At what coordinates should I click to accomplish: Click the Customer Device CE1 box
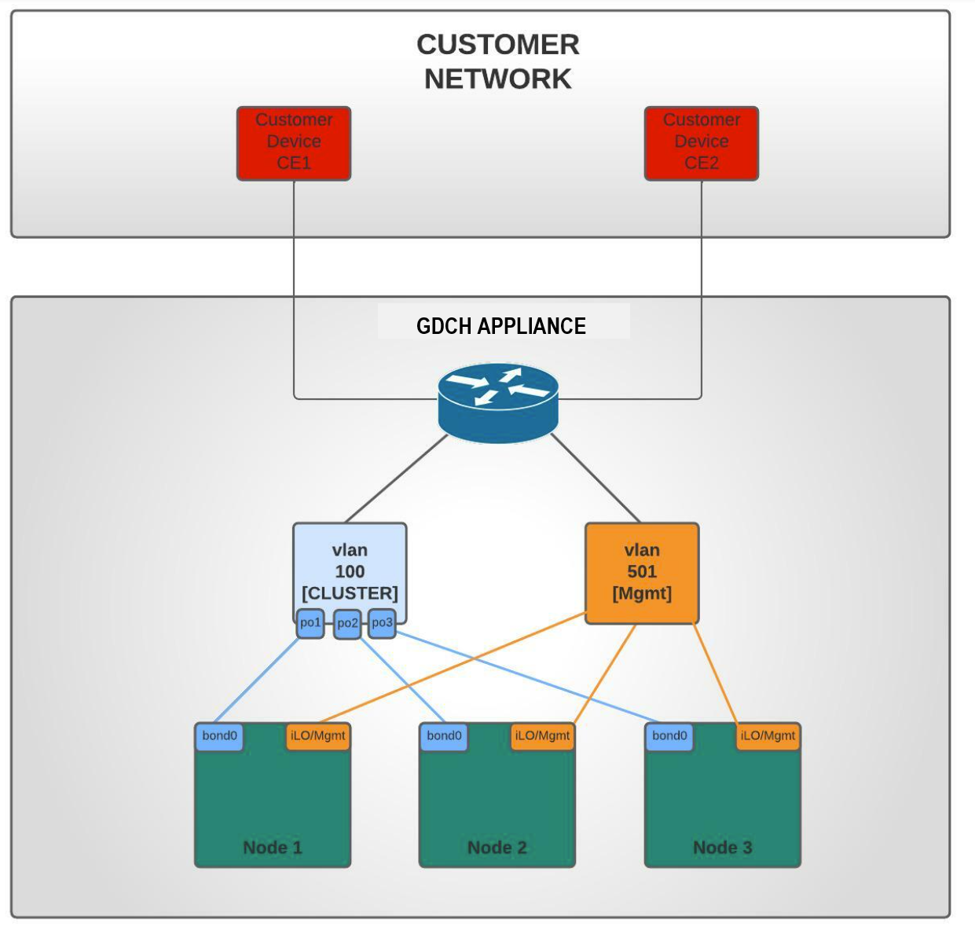[x=294, y=143]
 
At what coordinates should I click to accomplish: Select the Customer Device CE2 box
[x=702, y=143]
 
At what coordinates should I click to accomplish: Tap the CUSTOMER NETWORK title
[x=498, y=61]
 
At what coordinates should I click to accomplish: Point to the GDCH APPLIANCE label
[x=501, y=326]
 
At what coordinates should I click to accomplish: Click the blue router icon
[x=498, y=402]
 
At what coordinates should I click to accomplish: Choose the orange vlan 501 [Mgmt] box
[x=642, y=573]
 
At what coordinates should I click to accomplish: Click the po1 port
[x=310, y=623]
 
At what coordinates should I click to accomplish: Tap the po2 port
[x=347, y=624]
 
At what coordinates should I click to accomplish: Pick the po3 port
[x=382, y=623]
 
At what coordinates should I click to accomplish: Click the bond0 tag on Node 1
[x=219, y=736]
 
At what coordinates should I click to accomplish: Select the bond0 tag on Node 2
[x=444, y=736]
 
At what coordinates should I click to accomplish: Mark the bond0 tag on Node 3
[x=669, y=736]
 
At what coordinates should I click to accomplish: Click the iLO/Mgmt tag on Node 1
[x=317, y=736]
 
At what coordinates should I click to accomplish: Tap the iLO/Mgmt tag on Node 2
[x=542, y=736]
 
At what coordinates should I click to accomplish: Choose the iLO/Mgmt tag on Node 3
[x=768, y=736]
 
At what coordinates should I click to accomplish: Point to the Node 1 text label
[x=273, y=848]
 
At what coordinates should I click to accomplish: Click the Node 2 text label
[x=497, y=848]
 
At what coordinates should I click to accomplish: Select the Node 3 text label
[x=723, y=848]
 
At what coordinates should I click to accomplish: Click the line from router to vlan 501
[x=596, y=478]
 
